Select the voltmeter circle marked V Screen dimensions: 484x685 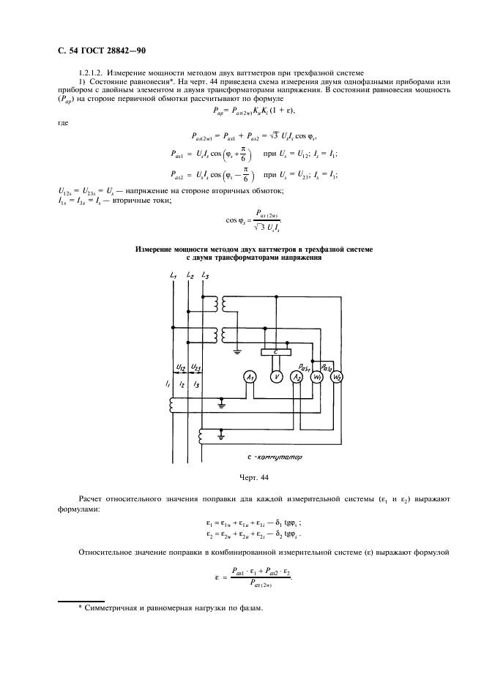[x=276, y=378]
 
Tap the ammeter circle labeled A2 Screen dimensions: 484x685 [x=297, y=378]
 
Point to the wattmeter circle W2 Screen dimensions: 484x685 [x=336, y=378]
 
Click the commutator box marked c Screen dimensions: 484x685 [x=275, y=352]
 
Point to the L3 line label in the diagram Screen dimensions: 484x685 [x=205, y=276]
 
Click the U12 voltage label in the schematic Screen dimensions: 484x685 [x=181, y=367]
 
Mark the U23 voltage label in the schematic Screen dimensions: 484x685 [x=196, y=367]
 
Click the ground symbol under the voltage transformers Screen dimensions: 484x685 [x=237, y=351]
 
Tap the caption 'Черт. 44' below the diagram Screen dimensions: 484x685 [x=254, y=477]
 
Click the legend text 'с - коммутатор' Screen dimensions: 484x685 [x=275, y=457]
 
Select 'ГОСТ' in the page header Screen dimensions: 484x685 [x=92, y=50]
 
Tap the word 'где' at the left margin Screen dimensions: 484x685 [x=63, y=123]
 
